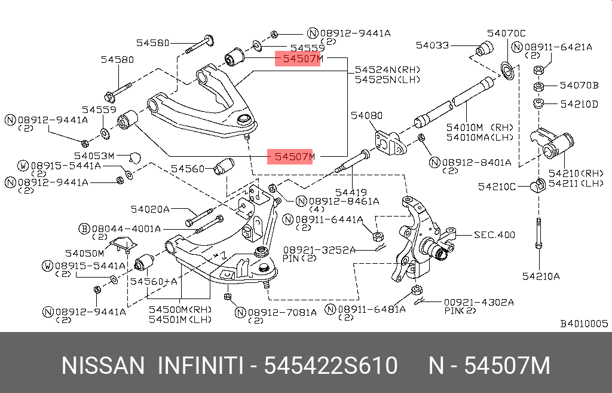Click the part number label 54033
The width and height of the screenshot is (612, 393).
coord(433,45)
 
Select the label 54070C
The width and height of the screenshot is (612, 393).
coord(506,33)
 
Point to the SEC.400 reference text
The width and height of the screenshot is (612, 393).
coord(494,234)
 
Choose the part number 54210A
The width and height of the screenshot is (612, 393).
coord(541,276)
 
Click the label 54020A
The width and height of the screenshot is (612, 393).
coord(151,209)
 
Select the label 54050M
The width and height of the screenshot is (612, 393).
coord(84,253)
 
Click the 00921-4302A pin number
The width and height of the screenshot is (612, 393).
coord(479,302)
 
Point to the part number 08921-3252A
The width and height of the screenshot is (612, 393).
coord(319,249)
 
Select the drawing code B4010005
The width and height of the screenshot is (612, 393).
coord(583,324)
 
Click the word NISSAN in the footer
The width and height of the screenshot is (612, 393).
coord(103,365)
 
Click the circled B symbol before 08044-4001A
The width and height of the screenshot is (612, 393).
coord(84,229)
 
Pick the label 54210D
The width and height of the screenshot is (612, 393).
coord(579,104)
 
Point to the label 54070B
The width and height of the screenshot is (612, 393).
coord(579,85)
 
